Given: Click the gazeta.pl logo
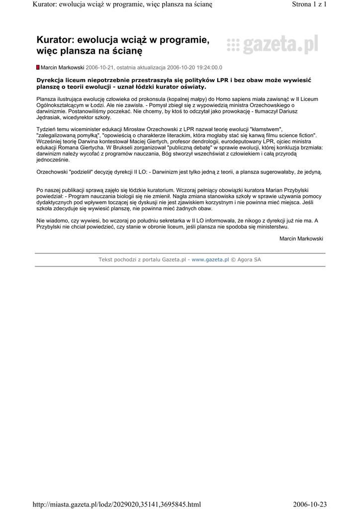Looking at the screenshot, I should tap(272, 46).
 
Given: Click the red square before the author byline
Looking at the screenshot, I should tap(38, 67).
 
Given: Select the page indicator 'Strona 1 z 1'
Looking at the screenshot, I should tap(309, 4).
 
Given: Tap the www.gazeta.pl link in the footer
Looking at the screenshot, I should tap(210, 259).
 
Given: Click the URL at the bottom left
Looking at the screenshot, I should tap(116, 504).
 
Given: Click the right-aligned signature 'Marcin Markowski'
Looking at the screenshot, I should tap(301, 239).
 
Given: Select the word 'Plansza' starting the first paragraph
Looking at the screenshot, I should tap(47, 99).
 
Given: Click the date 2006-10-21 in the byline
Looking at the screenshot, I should tap(100, 67).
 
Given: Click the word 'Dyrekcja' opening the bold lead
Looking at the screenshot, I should tap(53, 80).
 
